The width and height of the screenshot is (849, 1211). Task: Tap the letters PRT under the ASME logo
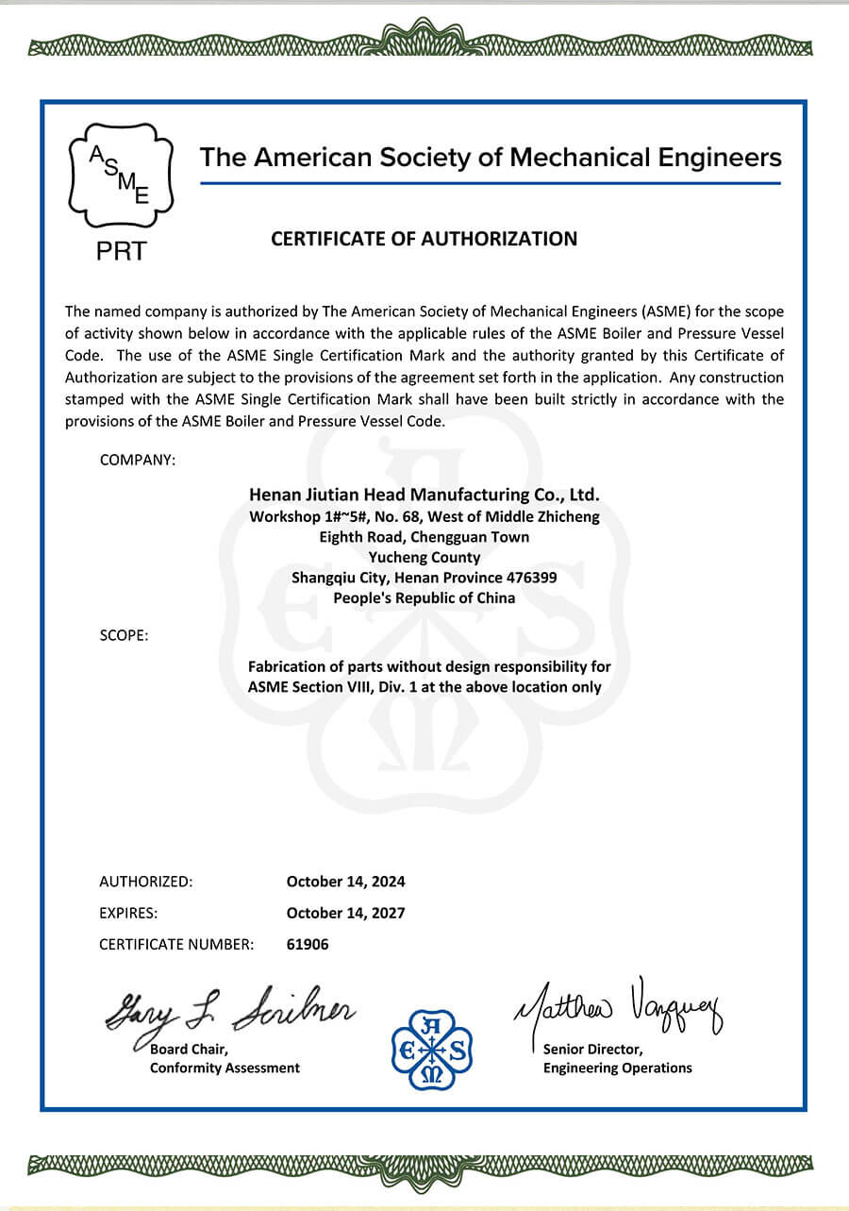(x=120, y=252)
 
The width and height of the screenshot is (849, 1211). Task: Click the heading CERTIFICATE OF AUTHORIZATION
(x=424, y=239)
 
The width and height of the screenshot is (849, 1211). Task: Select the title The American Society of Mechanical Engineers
(x=491, y=158)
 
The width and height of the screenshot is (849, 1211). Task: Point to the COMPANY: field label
(x=137, y=460)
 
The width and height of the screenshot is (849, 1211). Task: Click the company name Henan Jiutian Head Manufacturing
(x=424, y=495)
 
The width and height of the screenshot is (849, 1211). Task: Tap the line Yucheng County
(x=424, y=557)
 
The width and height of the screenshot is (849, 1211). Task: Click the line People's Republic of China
(x=424, y=597)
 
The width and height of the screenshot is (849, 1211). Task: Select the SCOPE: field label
(x=124, y=635)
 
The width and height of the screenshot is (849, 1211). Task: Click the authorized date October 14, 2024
(x=345, y=882)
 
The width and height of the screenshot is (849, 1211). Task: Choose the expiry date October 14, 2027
(x=345, y=913)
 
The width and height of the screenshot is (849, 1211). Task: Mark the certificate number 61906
(x=308, y=944)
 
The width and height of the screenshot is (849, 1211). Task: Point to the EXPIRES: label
(x=128, y=913)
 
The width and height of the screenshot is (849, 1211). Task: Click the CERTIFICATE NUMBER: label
(x=176, y=944)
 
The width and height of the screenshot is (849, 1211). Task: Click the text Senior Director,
(x=592, y=1049)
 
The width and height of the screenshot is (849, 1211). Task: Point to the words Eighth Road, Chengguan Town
(x=424, y=536)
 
